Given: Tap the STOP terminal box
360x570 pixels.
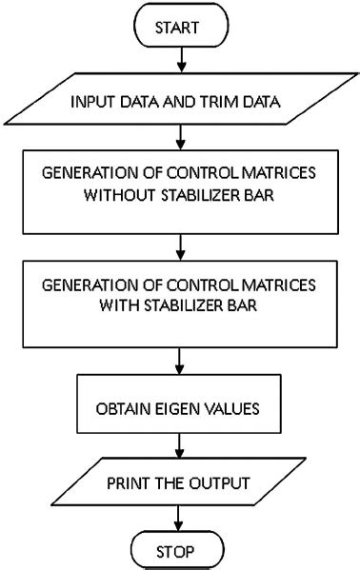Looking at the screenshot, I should tap(179, 549).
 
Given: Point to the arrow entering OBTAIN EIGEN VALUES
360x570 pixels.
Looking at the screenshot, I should tap(179, 364).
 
